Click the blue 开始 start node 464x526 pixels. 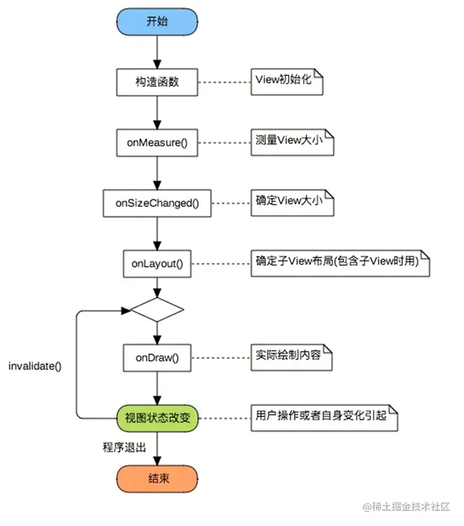157,21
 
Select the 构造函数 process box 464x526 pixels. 157,81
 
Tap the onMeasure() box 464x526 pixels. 157,142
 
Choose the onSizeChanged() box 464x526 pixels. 157,202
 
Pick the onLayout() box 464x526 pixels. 157,263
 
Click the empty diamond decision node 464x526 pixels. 157,308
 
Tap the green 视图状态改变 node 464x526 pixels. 157,417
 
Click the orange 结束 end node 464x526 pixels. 157,477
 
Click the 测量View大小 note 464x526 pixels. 291,142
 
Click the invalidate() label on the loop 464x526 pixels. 34,366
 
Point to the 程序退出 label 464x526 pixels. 124,447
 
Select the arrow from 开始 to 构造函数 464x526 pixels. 157,51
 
